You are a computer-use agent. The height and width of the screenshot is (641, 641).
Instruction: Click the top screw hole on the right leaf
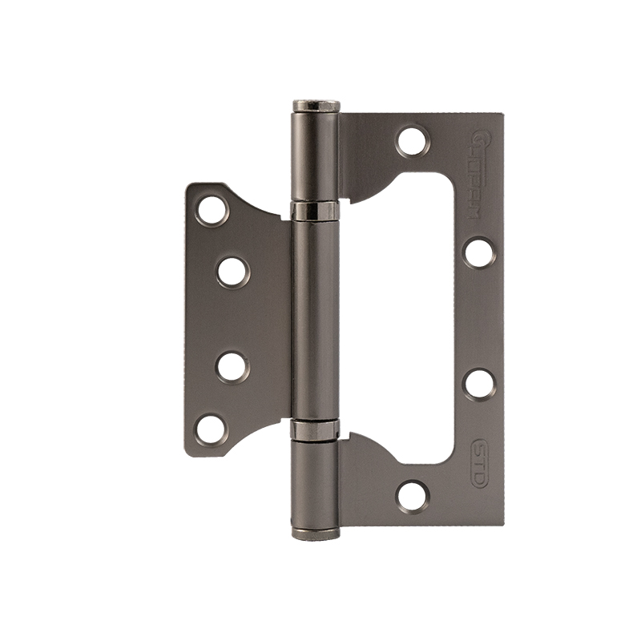pyautogui.click(x=413, y=142)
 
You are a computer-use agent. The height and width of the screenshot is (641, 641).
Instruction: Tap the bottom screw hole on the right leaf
pyautogui.click(x=413, y=496)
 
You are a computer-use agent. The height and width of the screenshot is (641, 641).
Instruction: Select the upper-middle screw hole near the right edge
pyautogui.click(x=478, y=252)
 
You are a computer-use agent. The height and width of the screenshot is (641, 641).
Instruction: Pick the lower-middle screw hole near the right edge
pyautogui.click(x=478, y=384)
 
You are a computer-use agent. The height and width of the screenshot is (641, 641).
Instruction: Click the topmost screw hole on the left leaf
pyautogui.click(x=212, y=210)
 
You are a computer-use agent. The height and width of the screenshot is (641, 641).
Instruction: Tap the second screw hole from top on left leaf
pyautogui.click(x=232, y=272)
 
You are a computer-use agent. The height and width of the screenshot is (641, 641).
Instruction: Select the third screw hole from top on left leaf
pyautogui.click(x=232, y=366)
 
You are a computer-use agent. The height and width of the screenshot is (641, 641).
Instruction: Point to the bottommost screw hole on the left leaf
pyautogui.click(x=212, y=428)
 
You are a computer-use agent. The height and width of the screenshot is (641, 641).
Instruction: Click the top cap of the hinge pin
pyautogui.click(x=316, y=106)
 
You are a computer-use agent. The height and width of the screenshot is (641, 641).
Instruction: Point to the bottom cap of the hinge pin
pyautogui.click(x=316, y=533)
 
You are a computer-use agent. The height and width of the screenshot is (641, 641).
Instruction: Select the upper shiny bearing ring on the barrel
pyautogui.click(x=316, y=212)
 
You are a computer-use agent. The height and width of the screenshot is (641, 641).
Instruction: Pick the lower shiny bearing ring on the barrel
pyautogui.click(x=316, y=429)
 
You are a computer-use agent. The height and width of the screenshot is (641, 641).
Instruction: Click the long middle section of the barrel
pyautogui.click(x=316, y=320)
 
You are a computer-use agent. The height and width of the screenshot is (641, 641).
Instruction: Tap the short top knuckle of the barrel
pyautogui.click(x=316, y=156)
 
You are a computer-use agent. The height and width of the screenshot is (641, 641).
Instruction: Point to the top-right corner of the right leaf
pyautogui.click(x=502, y=115)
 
